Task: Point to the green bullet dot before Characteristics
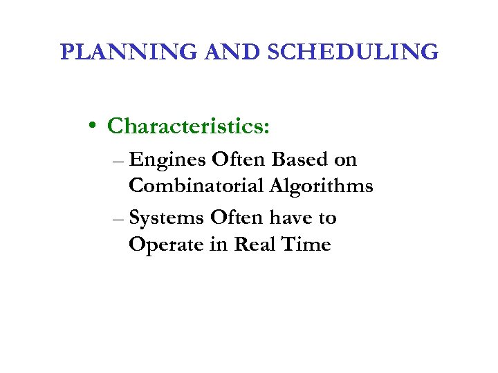91,127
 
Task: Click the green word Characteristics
189,126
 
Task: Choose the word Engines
167,160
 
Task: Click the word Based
300,160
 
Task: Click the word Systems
167,219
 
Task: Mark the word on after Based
345,161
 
